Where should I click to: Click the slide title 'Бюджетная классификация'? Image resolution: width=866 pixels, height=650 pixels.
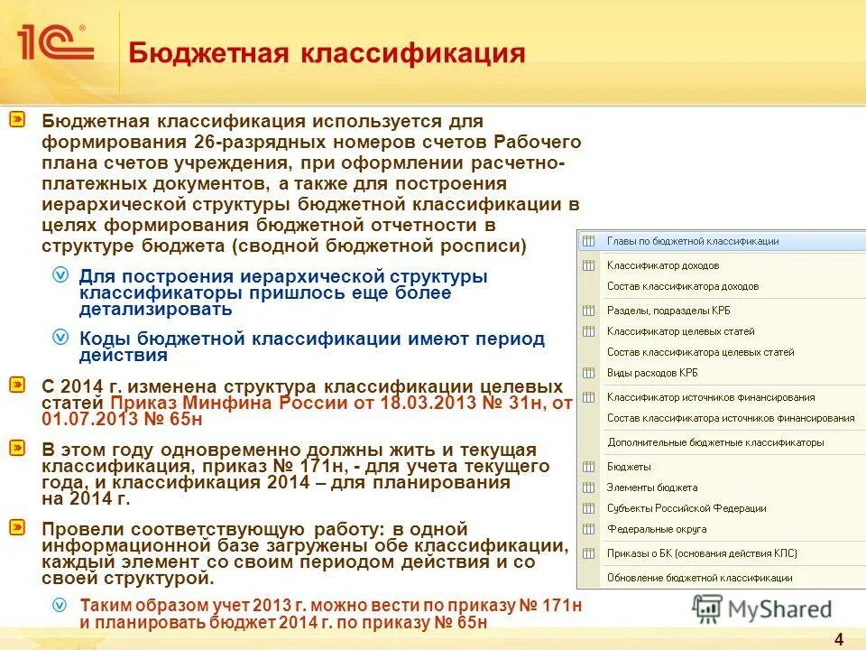click(327, 52)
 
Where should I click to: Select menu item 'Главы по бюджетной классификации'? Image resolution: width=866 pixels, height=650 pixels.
click(693, 241)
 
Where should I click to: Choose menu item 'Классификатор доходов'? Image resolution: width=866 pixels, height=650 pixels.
click(662, 265)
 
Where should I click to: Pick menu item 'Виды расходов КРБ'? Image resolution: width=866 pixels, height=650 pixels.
click(652, 373)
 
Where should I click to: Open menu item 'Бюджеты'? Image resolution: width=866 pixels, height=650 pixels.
click(629, 467)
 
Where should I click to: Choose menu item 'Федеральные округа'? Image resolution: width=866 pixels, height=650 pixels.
click(657, 529)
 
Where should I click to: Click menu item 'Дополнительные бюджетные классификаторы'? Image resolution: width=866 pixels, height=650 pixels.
click(715, 442)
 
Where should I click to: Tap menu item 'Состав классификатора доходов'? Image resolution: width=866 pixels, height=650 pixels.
click(682, 286)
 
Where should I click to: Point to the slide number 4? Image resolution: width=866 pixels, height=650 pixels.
click(839, 639)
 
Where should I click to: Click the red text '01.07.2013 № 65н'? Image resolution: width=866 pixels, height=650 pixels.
click(122, 419)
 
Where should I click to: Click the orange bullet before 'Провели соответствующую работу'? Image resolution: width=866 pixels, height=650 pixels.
click(17, 526)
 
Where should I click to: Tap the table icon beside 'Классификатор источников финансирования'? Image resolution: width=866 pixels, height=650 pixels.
click(589, 397)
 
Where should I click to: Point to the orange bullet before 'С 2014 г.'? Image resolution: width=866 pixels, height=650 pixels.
click(17, 384)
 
